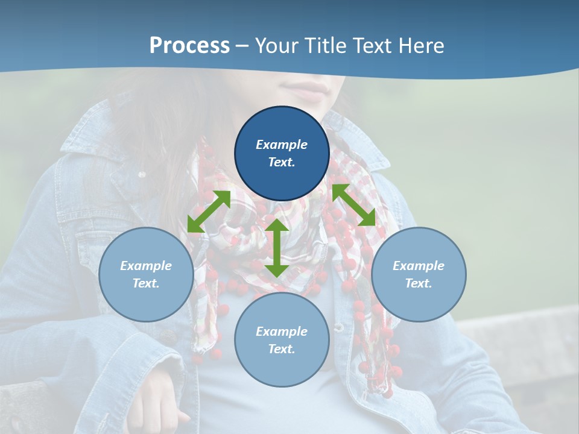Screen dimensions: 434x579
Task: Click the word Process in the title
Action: (189, 46)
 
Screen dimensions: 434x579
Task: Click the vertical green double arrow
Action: (277, 248)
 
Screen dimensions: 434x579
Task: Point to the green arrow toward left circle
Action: (209, 211)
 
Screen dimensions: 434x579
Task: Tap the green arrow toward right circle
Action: (353, 205)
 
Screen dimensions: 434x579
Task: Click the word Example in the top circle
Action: (282, 145)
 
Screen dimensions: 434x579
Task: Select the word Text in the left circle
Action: (146, 283)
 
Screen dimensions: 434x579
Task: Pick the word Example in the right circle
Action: (419, 266)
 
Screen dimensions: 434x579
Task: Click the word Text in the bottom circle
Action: (282, 349)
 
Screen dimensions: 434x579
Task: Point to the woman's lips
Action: (309, 90)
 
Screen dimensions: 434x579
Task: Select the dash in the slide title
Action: (242, 46)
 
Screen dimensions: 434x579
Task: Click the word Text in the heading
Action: (372, 46)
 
